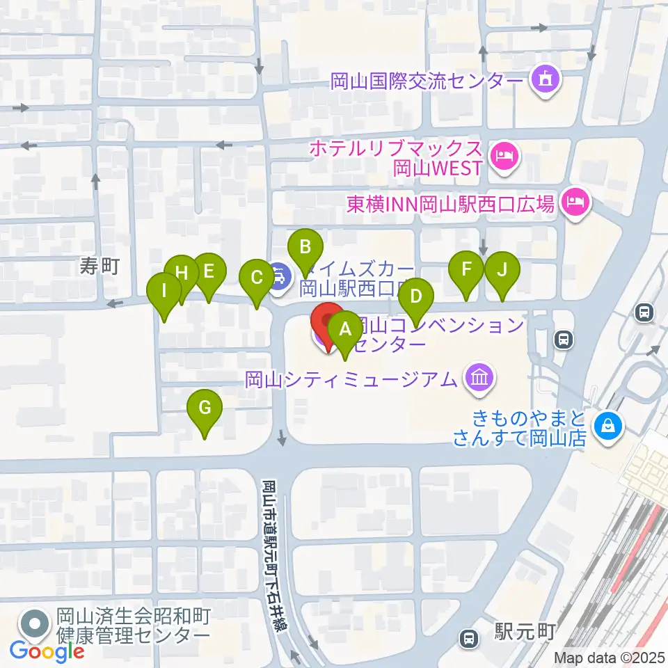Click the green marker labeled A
pyautogui.click(x=345, y=331)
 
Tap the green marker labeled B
pyautogui.click(x=305, y=247)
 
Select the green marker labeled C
pyautogui.click(x=256, y=278)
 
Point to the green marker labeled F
pyautogui.click(x=466, y=269)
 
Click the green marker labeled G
pyautogui.click(x=205, y=408)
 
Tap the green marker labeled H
pyautogui.click(x=182, y=273)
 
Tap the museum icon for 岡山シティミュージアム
pyautogui.click(x=480, y=379)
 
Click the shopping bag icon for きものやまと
pyautogui.click(x=608, y=424)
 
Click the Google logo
pyautogui.click(x=47, y=651)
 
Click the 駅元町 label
pyautogui.click(x=525, y=632)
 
